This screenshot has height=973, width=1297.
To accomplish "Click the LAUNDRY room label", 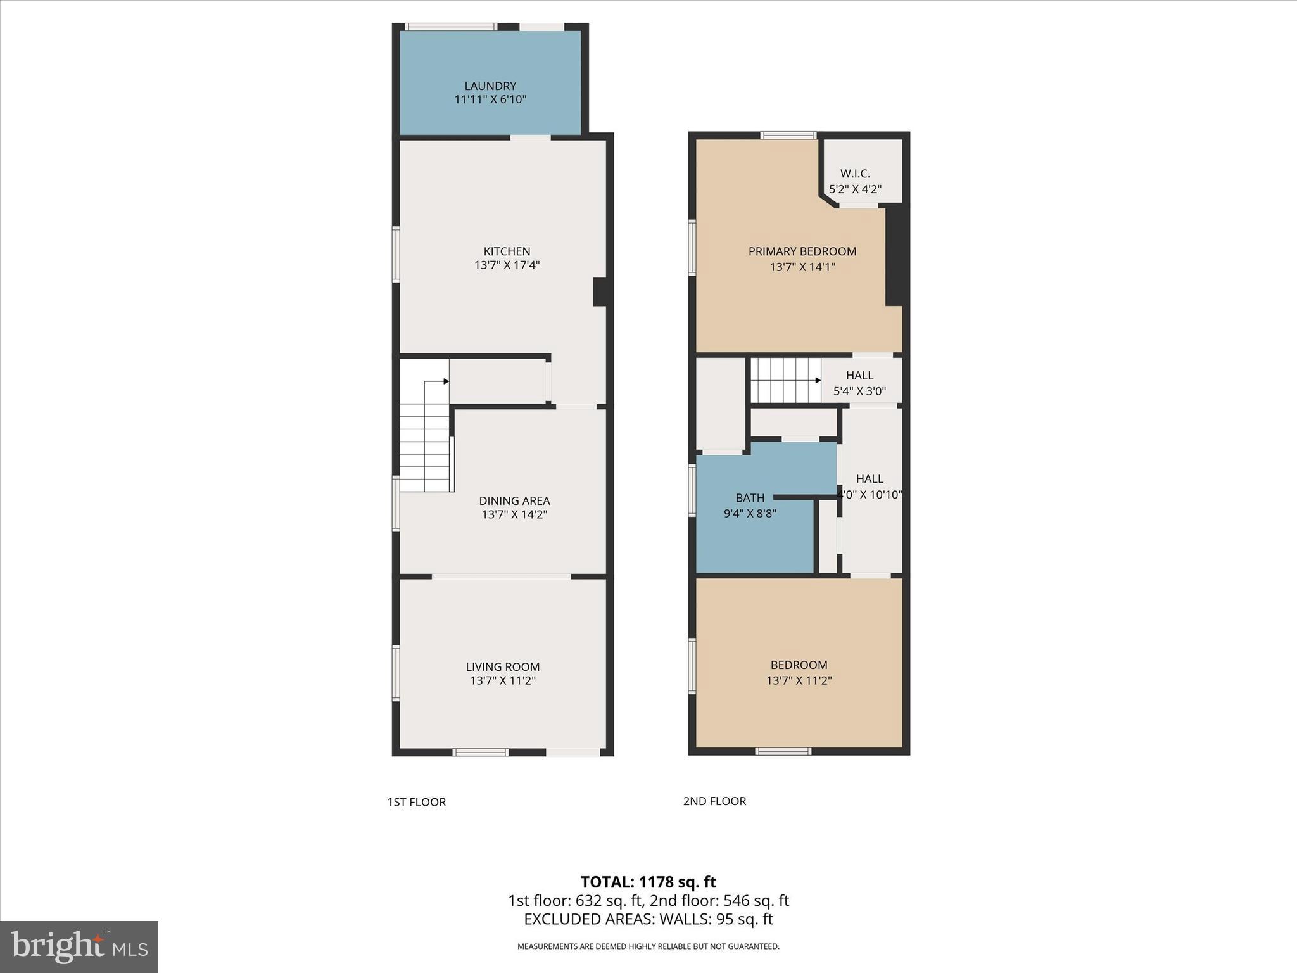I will [x=490, y=86].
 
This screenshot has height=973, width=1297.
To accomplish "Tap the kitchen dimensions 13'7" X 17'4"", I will [x=507, y=265].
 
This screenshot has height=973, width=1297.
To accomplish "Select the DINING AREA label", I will [x=514, y=500].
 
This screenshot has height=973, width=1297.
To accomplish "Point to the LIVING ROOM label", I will [x=503, y=666].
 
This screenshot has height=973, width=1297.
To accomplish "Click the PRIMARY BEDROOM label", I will [x=802, y=251].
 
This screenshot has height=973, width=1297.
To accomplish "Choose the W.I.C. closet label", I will [x=855, y=174].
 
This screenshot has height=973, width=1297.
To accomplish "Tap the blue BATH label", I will [x=750, y=498].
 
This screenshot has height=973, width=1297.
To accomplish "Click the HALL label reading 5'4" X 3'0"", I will [x=859, y=376].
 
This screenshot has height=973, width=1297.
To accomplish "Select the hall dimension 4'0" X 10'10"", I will [x=870, y=495].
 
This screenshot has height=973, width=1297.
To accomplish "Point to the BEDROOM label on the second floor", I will [x=799, y=665].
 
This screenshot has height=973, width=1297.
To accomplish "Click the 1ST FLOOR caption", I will [x=417, y=802].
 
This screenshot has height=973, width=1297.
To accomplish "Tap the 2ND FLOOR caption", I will [x=714, y=801].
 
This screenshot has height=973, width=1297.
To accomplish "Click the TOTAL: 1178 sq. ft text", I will [x=648, y=882].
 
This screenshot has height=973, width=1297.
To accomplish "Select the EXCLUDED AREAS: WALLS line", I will [x=648, y=919].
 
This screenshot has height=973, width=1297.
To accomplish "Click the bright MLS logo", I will [x=79, y=946].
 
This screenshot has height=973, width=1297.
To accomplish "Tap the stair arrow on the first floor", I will [x=446, y=381].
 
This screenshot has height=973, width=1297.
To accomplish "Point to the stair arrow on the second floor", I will [x=818, y=381].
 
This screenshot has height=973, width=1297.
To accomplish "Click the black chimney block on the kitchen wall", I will [x=600, y=292].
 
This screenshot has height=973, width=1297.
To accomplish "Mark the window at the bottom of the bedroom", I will [x=783, y=752].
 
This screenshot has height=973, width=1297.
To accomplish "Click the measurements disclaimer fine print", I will [x=648, y=946].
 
